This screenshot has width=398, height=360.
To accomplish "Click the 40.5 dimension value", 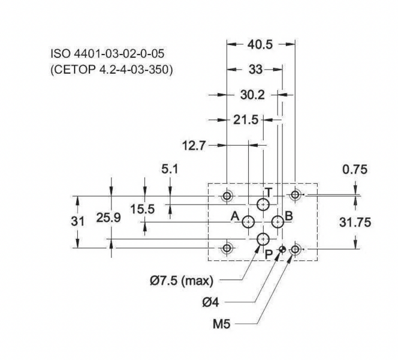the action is pos(257,45).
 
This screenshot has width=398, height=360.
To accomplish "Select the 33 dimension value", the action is pos(255,70).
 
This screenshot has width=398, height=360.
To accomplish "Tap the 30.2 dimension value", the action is pos(252,95).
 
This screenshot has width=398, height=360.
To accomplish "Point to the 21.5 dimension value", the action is pos(246,119).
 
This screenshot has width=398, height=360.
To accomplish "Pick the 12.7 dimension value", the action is pos(194,146).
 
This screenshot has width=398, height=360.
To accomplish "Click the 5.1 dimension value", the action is pos(170,169).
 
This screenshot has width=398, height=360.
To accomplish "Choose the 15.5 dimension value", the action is pos(143,209).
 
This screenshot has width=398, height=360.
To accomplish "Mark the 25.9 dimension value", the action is pos(108,218).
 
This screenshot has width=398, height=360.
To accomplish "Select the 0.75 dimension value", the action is pos(355,169).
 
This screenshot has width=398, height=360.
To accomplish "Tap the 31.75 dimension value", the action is pos(355,223).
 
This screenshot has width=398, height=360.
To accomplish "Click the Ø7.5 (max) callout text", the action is pos(182,281).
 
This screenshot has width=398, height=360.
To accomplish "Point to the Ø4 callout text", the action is pos(210,302).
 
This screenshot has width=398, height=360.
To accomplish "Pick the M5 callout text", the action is pos(222,324).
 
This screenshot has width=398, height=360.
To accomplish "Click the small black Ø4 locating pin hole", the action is pos(282,250).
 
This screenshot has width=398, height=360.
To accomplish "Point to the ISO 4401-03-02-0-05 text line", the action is pos(107,53).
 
